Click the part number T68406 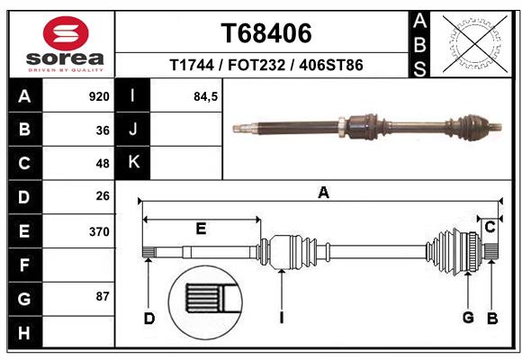[266, 33]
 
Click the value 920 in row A [99, 96]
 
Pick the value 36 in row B [103, 130]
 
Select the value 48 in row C [103, 164]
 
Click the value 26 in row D [103, 196]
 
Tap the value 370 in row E [99, 231]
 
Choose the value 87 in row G [103, 296]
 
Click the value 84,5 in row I [206, 96]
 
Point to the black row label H [23, 333]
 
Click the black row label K [133, 162]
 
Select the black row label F [23, 265]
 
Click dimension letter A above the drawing [323, 192]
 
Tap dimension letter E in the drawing [201, 229]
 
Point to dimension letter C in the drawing [490, 228]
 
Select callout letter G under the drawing [468, 318]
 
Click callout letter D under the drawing [149, 318]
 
